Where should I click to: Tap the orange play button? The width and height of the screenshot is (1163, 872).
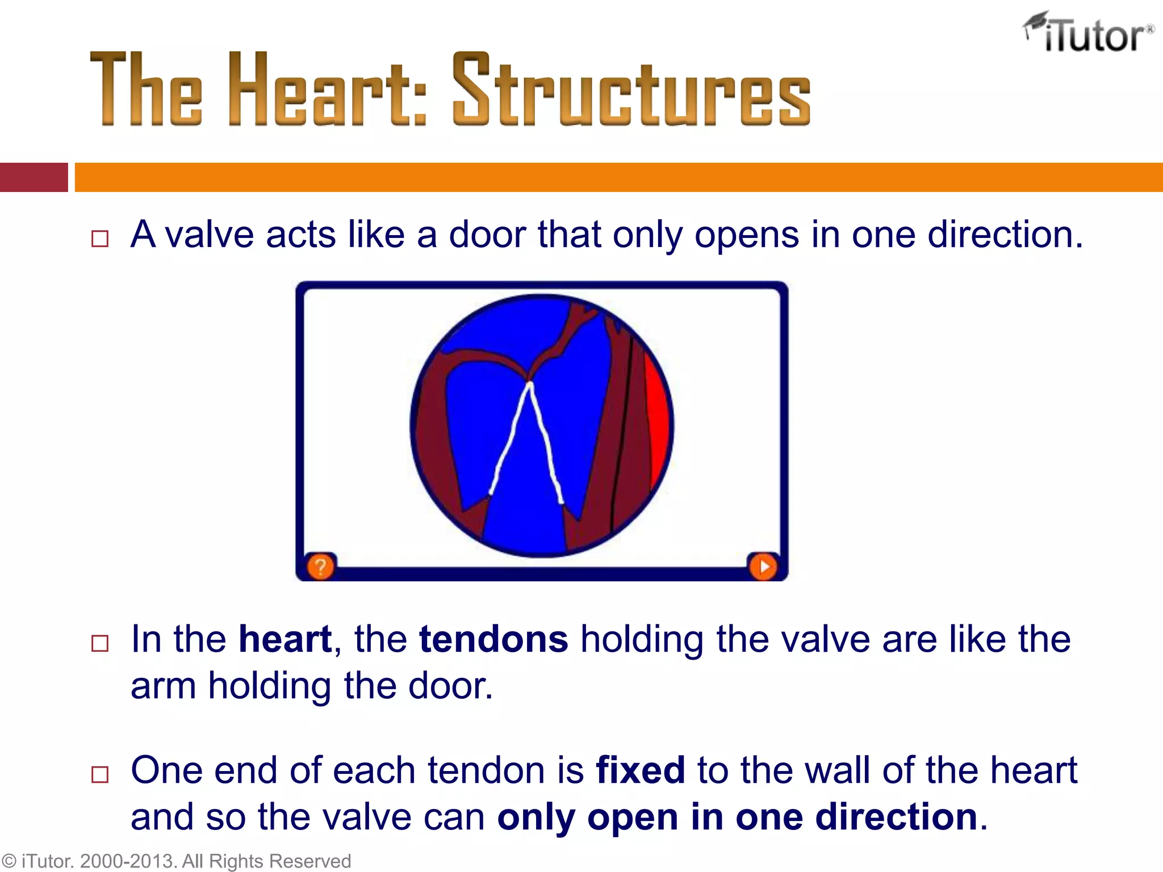point(763,566)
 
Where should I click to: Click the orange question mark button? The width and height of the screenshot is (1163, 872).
point(320,566)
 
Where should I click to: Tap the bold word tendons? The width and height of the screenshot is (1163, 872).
point(493,639)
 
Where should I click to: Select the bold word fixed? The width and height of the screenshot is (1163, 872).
point(640,770)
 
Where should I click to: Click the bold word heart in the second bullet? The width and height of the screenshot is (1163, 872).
point(285,639)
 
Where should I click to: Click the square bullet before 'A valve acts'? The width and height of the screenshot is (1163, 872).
point(100,238)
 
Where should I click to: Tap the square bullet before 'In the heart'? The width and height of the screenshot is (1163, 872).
point(100,643)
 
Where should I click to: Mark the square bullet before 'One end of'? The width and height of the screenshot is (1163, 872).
point(100,774)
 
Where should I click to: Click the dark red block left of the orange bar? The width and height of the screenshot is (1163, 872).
point(34,177)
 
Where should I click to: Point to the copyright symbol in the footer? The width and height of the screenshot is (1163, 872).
point(9,861)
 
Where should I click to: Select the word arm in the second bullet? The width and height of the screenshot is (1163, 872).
point(164,686)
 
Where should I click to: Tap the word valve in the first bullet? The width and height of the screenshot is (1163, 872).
point(209,234)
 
